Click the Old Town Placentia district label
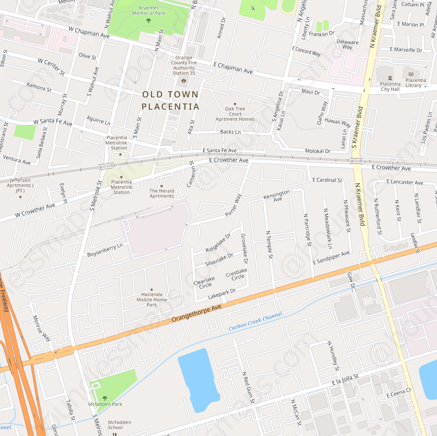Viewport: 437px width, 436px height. click(x=170, y=100)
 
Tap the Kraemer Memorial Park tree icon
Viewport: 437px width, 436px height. click(x=149, y=20)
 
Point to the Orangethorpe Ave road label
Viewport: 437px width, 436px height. click(x=197, y=313)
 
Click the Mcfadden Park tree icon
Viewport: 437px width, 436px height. click(x=104, y=398)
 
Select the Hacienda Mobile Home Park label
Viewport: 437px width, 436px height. click(x=152, y=299)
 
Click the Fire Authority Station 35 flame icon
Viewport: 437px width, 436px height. click(x=184, y=80)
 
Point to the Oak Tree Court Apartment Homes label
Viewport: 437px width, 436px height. click(x=235, y=114)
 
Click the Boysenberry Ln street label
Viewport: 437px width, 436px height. click(x=105, y=250)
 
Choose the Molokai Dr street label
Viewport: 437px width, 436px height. click(x=318, y=151)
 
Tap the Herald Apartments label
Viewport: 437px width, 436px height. click(x=162, y=194)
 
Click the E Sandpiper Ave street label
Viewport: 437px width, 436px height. click(x=331, y=257)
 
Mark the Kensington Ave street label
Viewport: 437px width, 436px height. click(x=277, y=196)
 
